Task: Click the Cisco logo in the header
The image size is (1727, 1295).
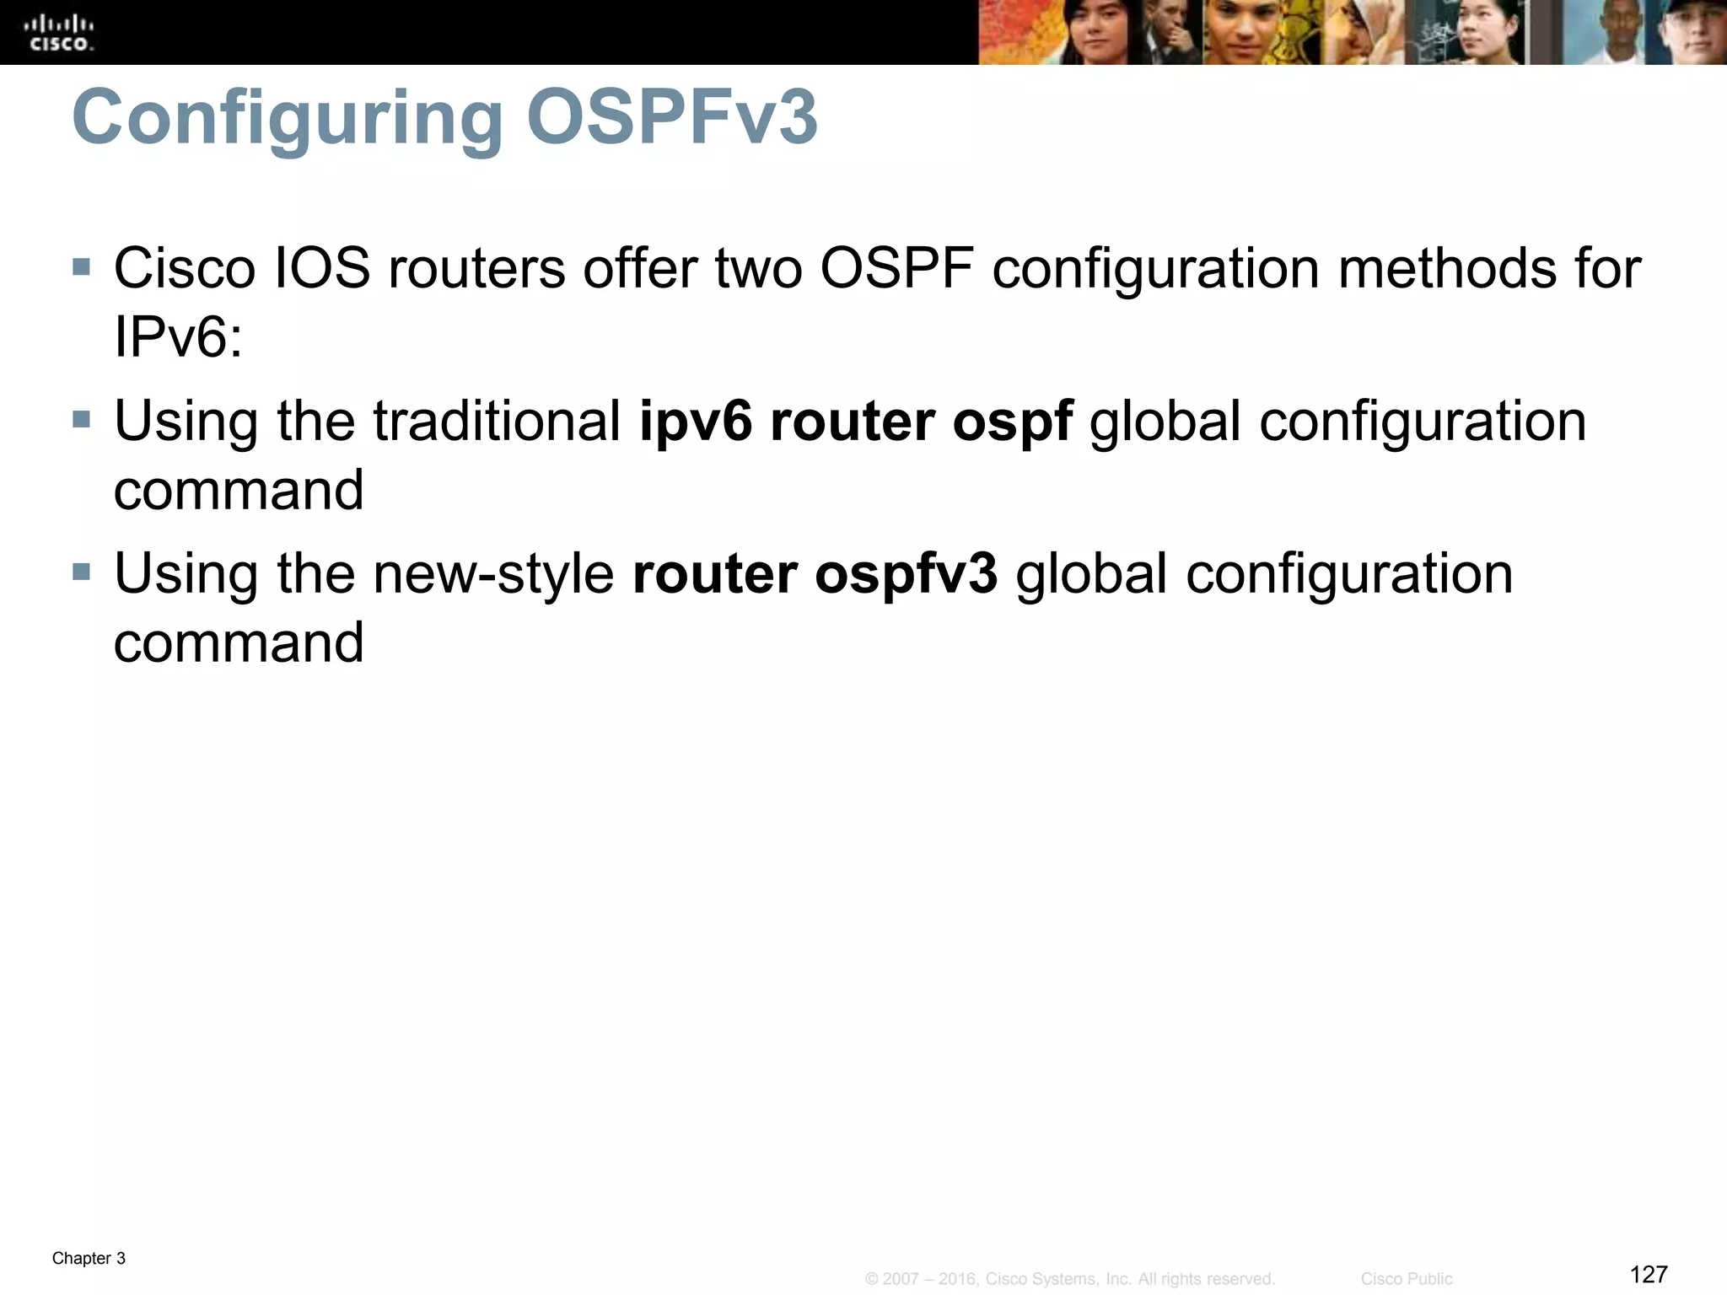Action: click(61, 33)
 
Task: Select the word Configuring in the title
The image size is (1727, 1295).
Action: click(288, 119)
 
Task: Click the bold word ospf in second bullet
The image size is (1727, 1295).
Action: click(1012, 422)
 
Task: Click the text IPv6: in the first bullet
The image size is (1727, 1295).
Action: click(178, 338)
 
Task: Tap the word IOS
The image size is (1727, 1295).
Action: click(322, 269)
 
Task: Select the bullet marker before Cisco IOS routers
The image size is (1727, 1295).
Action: click(82, 267)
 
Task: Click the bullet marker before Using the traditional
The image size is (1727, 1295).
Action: click(82, 419)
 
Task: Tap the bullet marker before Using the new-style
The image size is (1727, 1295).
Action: click(82, 572)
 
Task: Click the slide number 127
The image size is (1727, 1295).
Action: click(1649, 1274)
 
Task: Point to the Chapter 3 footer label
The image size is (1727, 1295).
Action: click(89, 1259)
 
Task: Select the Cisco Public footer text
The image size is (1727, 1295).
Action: click(1406, 1279)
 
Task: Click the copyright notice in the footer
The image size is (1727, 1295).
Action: click(1069, 1279)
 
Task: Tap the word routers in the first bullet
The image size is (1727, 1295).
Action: click(476, 269)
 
